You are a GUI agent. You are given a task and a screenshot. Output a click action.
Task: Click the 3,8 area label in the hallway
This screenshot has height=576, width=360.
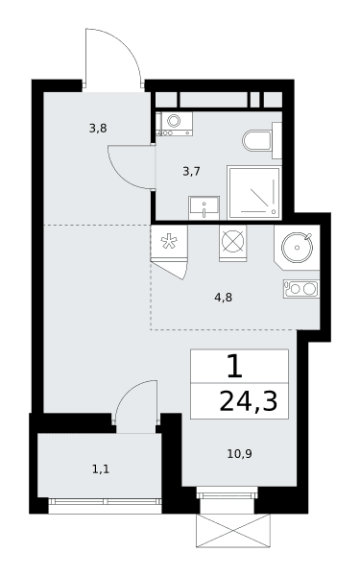point(98,129)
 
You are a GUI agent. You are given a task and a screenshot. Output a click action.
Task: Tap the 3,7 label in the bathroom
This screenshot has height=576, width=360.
point(191,171)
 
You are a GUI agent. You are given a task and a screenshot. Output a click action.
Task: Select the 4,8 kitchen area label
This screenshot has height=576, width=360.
point(224,298)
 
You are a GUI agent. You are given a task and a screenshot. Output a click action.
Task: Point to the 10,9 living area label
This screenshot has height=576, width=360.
point(239,454)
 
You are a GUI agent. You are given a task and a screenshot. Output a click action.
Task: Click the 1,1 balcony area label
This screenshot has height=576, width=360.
point(101,469)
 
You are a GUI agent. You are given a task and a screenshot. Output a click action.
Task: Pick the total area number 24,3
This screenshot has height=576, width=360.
point(249,402)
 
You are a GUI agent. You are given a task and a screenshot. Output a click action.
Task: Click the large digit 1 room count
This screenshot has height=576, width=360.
point(235,367)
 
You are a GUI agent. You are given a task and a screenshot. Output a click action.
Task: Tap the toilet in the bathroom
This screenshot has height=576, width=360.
point(262,141)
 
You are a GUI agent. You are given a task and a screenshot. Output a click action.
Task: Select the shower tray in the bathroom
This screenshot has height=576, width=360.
point(254,193)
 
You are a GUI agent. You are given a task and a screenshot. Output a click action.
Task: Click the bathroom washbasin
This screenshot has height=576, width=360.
point(204,208)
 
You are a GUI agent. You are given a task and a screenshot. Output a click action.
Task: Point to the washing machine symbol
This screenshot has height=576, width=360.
point(174,124)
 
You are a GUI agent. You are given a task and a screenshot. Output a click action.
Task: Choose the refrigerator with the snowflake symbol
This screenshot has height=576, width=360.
point(169,242)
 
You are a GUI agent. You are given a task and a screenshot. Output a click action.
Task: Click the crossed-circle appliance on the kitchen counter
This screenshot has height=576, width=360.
point(233,243)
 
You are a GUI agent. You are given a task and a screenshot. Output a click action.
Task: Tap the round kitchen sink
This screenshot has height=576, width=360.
point(297,247)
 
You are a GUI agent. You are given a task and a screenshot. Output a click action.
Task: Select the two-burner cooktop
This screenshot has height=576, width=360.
point(301,289)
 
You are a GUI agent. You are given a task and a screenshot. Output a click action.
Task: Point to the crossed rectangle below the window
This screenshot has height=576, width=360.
point(233,531)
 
